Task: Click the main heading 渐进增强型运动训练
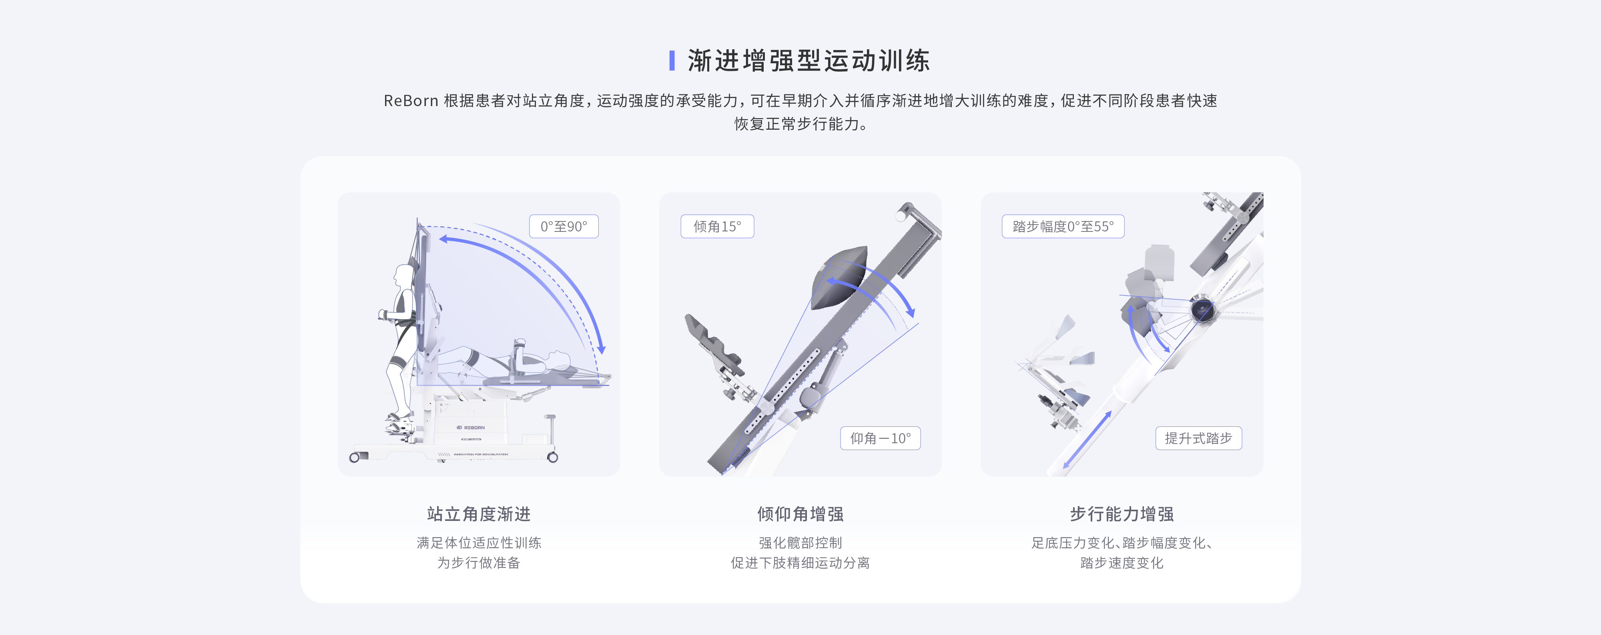click(x=808, y=61)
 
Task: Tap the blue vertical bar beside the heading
click(x=672, y=61)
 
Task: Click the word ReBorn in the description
click(x=411, y=101)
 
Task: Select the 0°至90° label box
click(x=564, y=226)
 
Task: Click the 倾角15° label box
click(x=717, y=226)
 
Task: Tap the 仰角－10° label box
click(x=880, y=438)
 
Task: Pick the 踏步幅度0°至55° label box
click(x=1063, y=226)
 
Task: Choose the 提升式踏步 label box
click(x=1198, y=438)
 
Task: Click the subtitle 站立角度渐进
click(x=479, y=514)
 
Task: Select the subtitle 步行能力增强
click(x=1122, y=514)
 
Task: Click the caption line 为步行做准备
click(x=479, y=563)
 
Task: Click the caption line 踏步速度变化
click(x=1122, y=563)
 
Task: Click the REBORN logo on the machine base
click(x=471, y=428)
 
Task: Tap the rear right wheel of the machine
click(x=552, y=458)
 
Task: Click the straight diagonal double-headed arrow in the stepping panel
click(x=1087, y=439)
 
